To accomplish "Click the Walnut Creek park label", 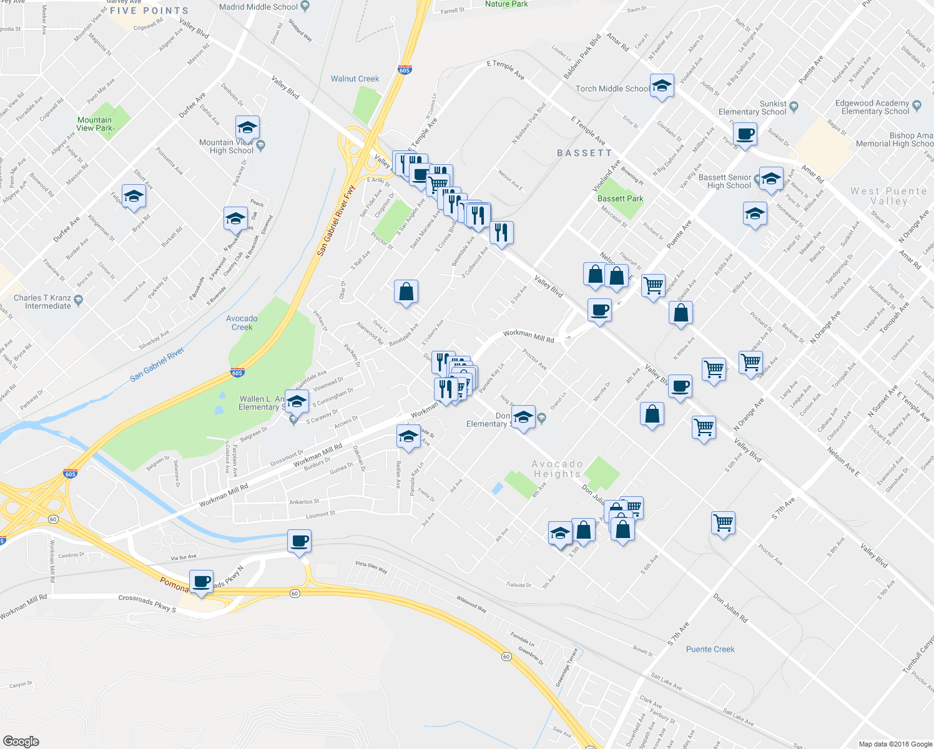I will (x=355, y=79).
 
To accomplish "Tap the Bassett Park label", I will (x=620, y=198).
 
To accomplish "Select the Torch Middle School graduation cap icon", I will (x=662, y=86).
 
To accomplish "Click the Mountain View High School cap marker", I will (x=247, y=127).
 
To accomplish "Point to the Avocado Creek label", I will (x=242, y=323).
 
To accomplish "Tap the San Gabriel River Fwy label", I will (x=335, y=220).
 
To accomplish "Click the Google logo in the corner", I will (x=21, y=741).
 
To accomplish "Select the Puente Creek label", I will (x=710, y=649).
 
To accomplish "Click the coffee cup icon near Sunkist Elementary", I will (x=745, y=134).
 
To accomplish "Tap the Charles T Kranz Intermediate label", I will (x=42, y=302).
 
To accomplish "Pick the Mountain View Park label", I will (x=95, y=124).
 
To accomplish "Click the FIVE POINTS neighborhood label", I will (x=149, y=11).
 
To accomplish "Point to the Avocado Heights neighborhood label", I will (x=557, y=469).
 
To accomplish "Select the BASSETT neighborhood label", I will (x=584, y=153).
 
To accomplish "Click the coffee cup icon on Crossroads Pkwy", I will (x=201, y=582).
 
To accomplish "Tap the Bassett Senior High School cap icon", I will (x=770, y=179).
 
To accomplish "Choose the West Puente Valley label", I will (x=888, y=196).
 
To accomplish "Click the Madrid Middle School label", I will (x=258, y=7).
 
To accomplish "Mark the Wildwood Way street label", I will (x=471, y=604).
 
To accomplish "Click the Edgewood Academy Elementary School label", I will (x=875, y=107).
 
